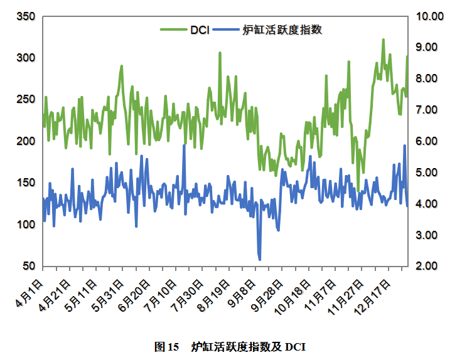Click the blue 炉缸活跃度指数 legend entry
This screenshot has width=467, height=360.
[282, 29]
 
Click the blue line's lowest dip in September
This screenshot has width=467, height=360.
[259, 259]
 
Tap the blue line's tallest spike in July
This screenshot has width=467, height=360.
[184, 146]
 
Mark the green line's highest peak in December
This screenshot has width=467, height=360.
[383, 40]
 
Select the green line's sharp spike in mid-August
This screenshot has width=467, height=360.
[220, 53]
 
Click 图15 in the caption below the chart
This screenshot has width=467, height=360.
[167, 346]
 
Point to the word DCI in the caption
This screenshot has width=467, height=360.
[295, 346]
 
